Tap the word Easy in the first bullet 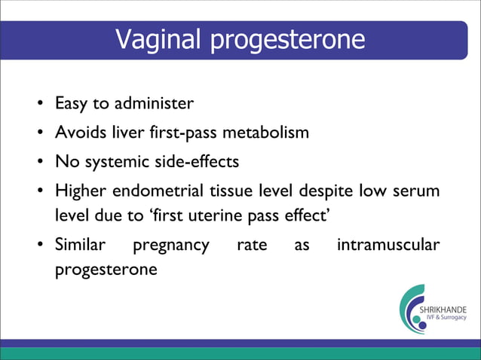(x=71, y=102)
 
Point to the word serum (x=417, y=192)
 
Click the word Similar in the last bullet (x=80, y=245)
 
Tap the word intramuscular (x=388, y=245)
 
